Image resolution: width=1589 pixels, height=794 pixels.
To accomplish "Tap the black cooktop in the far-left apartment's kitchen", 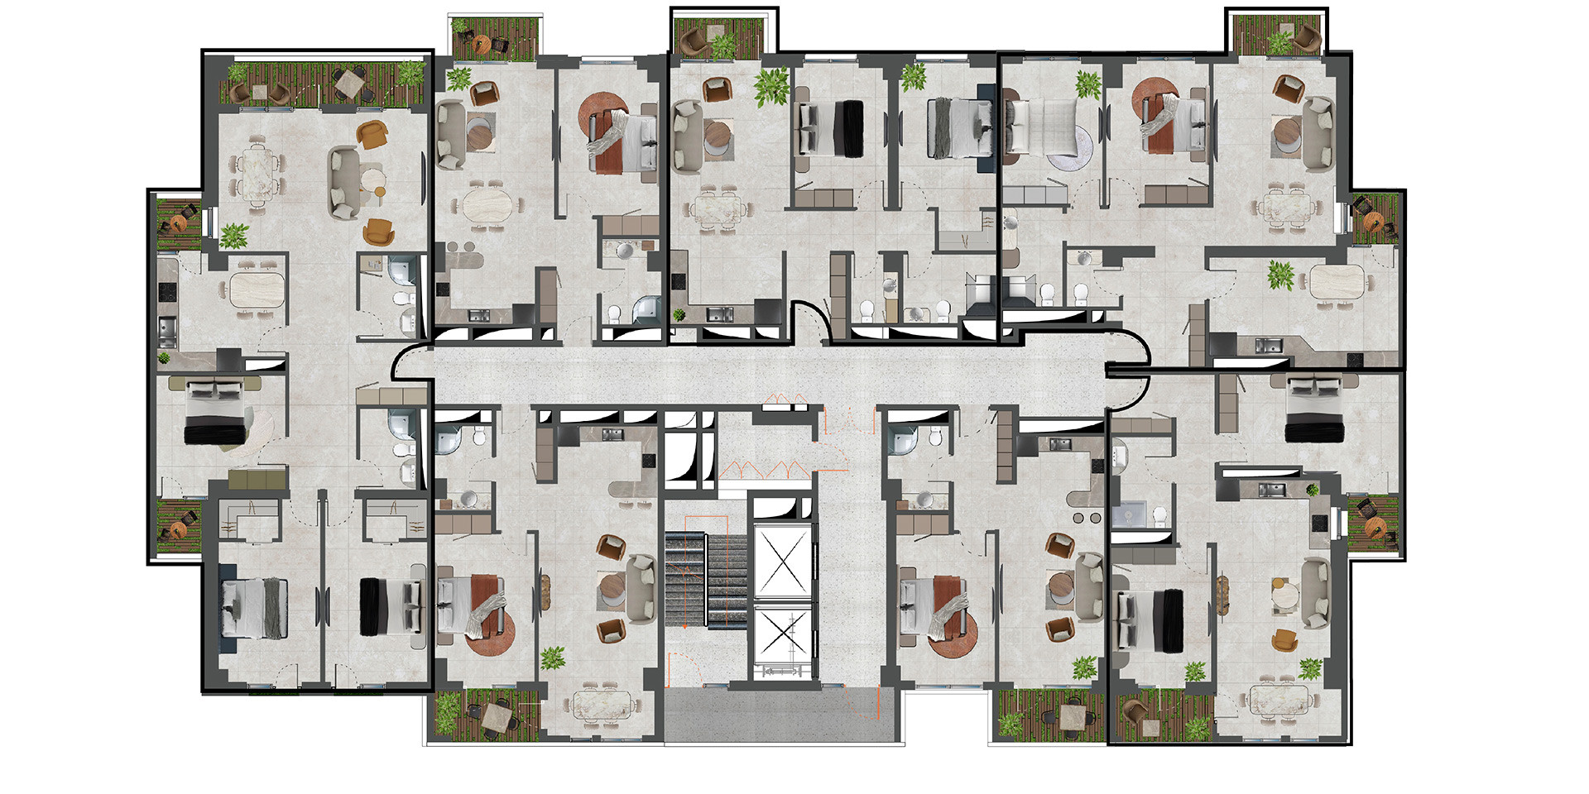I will coord(168,291).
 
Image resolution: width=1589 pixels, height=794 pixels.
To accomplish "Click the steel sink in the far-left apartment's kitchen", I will coord(168,332).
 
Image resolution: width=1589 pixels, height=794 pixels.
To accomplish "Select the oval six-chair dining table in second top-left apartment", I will coord(483,206).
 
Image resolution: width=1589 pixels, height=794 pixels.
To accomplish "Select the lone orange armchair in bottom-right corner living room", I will coord(1283,639).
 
